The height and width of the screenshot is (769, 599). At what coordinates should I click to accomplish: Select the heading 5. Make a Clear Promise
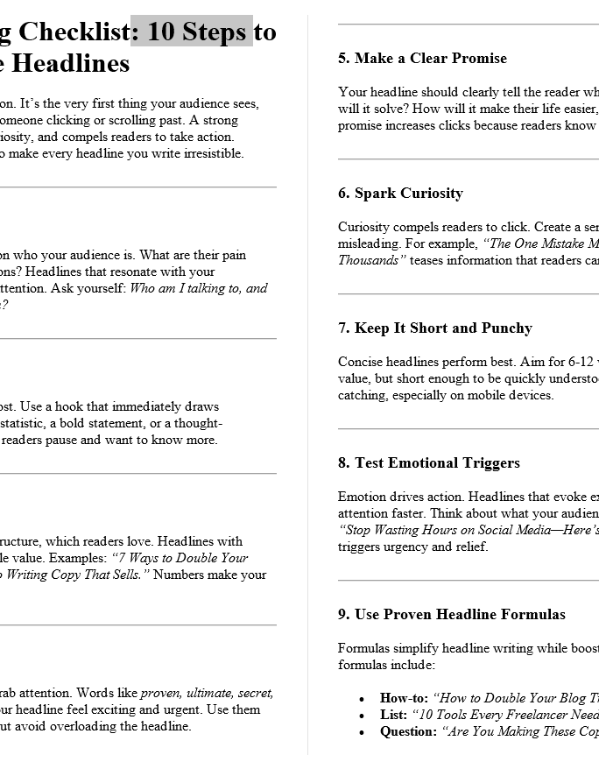pyautogui.click(x=422, y=59)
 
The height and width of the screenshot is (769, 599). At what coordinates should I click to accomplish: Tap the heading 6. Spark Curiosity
pyautogui.click(x=400, y=194)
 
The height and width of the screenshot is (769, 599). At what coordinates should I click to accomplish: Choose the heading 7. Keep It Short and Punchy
pyautogui.click(x=435, y=328)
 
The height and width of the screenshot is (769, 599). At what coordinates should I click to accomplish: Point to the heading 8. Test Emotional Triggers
pyautogui.click(x=428, y=463)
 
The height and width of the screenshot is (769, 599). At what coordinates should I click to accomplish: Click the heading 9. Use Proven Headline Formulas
pyautogui.click(x=452, y=615)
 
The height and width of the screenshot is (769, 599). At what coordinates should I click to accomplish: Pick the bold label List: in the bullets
pyautogui.click(x=393, y=716)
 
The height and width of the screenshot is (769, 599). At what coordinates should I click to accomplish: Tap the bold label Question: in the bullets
pyautogui.click(x=408, y=732)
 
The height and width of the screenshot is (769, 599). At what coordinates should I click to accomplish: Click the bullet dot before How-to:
pyautogui.click(x=362, y=699)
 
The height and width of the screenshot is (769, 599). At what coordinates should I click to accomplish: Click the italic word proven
pyautogui.click(x=159, y=693)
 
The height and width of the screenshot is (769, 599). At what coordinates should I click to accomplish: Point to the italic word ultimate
pyautogui.click(x=207, y=693)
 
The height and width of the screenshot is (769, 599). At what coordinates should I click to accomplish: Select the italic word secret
pyautogui.click(x=255, y=693)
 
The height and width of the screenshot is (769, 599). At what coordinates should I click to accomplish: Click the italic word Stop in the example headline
pyautogui.click(x=357, y=530)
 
